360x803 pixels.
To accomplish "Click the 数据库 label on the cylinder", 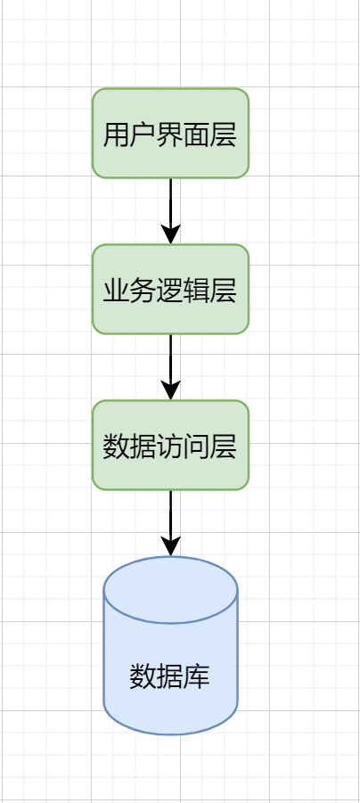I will click(170, 676).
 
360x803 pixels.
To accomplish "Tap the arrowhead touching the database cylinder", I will click(170, 545).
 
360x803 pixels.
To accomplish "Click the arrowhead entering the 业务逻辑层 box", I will click(170, 234).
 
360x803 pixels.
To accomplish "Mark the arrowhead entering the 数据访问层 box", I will click(170, 389).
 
